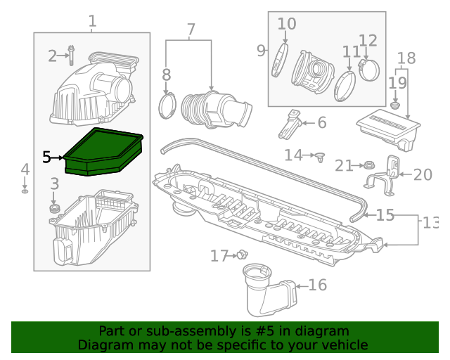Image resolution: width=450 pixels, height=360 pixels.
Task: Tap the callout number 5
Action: click(46, 157)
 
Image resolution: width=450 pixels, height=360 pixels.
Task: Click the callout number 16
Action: click(318, 285)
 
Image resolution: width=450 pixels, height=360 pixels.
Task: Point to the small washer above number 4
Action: click(25, 191)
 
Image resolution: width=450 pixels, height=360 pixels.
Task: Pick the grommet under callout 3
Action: click(54, 210)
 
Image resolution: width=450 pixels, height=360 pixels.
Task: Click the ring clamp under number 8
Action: click(167, 104)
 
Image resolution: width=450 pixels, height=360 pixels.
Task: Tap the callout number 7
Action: click(191, 30)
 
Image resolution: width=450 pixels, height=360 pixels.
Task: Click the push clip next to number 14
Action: click(320, 156)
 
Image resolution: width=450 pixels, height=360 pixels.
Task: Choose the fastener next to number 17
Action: click(243, 255)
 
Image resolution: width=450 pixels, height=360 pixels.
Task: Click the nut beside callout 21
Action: click(366, 166)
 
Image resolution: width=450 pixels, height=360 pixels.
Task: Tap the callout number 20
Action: click(423, 174)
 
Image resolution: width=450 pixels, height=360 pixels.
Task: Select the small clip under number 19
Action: click(395, 105)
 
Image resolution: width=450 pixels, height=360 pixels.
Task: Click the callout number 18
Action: click(406, 58)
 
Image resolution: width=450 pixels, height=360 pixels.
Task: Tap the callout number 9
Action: click(261, 51)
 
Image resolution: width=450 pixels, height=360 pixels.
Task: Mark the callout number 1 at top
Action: click(92, 21)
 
